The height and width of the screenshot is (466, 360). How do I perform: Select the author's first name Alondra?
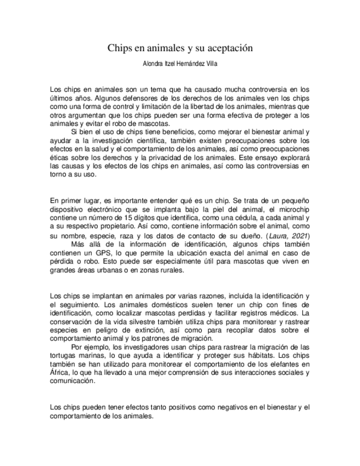coord(153,64)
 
